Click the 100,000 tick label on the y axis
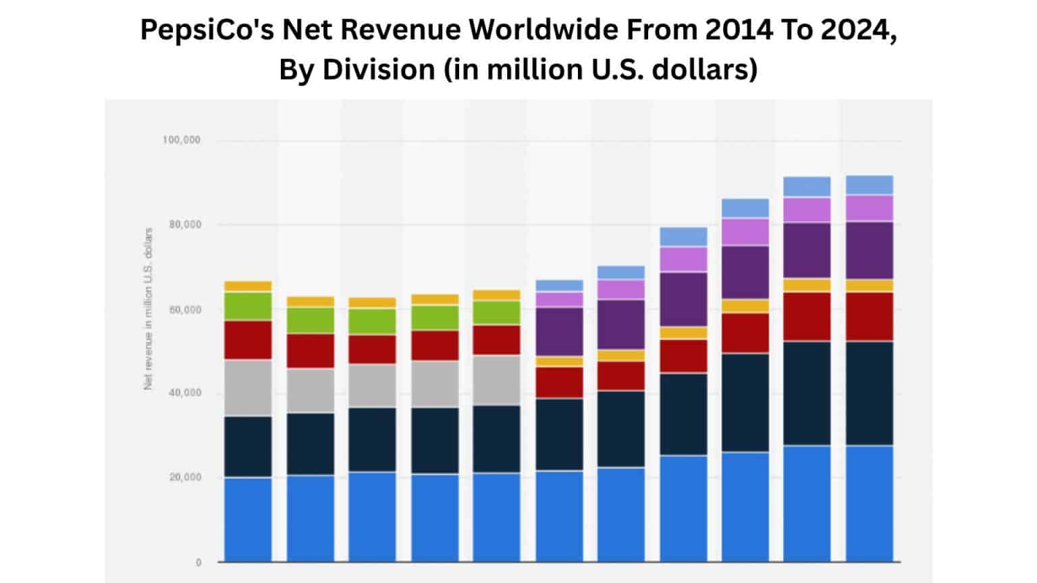181,140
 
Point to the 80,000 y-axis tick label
184,225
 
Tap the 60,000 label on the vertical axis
184,310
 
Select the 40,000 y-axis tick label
184,393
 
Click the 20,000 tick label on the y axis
184,477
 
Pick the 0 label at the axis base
198,562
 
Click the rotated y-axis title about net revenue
149,308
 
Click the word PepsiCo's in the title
207,30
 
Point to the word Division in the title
379,70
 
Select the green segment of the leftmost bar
248,306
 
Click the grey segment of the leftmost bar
248,387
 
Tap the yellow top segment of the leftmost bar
248,286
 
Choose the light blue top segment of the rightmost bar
870,185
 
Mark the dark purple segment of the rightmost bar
870,250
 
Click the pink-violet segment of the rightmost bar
870,209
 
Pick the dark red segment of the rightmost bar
870,316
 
